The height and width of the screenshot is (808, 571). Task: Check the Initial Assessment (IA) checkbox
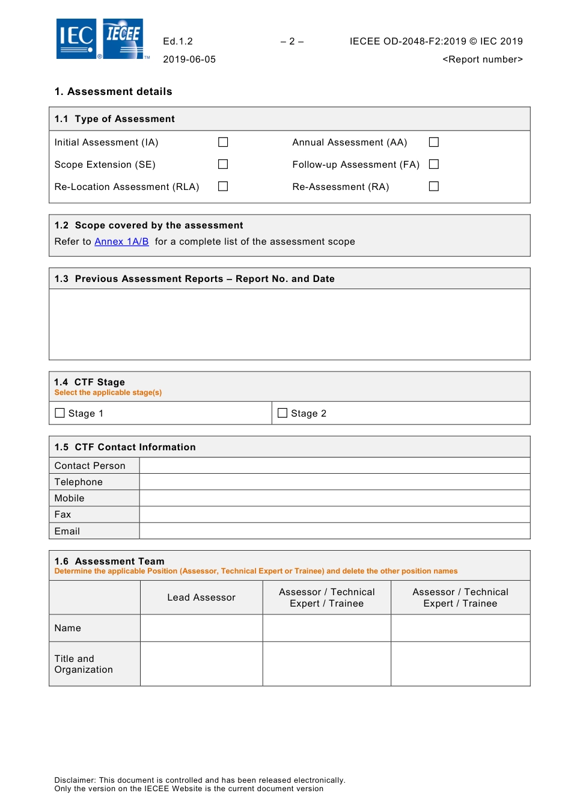click(223, 142)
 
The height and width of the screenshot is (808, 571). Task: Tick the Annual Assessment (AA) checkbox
click(434, 142)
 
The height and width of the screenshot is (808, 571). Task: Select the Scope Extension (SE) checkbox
click(223, 164)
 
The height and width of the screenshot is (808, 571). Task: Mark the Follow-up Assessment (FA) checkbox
click(434, 164)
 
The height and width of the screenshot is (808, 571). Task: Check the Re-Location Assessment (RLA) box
click(223, 186)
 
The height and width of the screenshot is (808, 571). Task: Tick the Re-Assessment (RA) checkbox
click(434, 186)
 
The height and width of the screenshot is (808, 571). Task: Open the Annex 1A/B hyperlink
click(121, 242)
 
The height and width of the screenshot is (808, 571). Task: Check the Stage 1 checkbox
click(60, 413)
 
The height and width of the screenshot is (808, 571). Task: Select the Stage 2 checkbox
click(282, 413)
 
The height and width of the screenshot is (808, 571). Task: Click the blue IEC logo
click(76, 38)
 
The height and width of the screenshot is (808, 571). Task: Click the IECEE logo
click(123, 38)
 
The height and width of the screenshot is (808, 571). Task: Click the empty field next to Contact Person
click(335, 466)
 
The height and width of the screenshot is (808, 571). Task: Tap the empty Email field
click(335, 531)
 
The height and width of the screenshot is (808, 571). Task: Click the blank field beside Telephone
click(335, 482)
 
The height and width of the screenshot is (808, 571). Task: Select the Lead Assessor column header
click(201, 598)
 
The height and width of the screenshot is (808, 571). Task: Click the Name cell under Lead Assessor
click(201, 628)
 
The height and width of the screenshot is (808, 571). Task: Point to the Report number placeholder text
click(483, 60)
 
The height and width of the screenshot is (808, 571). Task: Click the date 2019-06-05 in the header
click(189, 60)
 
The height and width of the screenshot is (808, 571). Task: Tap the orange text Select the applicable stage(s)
click(108, 393)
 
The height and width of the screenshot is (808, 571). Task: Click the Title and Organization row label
click(84, 664)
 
